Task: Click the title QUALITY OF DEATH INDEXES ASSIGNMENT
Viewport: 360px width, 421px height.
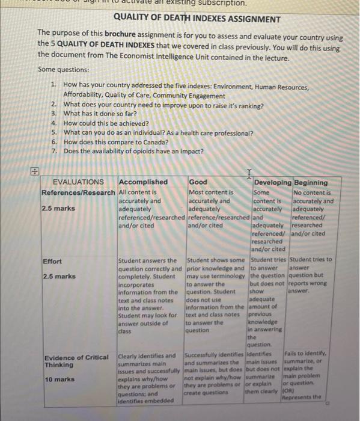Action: (x=189, y=19)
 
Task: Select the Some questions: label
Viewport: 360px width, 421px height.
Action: (x=63, y=69)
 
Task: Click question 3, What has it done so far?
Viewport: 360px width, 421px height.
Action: (x=100, y=113)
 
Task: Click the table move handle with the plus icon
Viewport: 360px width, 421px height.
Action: (x=35, y=171)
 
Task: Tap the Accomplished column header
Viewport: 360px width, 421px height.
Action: (x=144, y=182)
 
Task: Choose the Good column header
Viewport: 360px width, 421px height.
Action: (x=198, y=182)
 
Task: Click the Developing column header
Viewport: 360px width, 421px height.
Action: (x=272, y=182)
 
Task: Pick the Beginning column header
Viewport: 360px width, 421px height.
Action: (x=311, y=182)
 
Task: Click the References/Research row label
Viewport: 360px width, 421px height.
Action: (x=78, y=192)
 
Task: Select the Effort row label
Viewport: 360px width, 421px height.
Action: (x=53, y=261)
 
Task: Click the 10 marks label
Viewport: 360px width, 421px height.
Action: (x=58, y=380)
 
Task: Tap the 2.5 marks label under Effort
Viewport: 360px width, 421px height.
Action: (x=59, y=277)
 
